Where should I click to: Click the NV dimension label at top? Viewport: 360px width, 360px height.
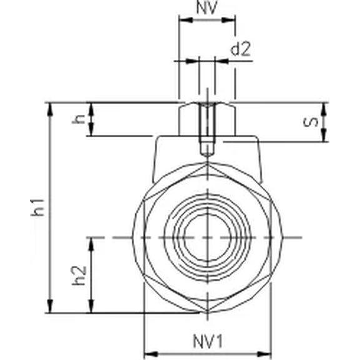(x=207, y=8)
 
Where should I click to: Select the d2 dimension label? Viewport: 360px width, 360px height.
(x=240, y=49)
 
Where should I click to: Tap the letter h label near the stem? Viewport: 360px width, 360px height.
(x=79, y=119)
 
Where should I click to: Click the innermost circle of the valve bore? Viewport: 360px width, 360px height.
(x=207, y=237)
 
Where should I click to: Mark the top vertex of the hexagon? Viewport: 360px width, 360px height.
(x=207, y=163)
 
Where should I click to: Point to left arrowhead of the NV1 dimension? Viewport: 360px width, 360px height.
(x=148, y=353)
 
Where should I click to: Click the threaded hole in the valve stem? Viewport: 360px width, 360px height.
(x=207, y=128)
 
